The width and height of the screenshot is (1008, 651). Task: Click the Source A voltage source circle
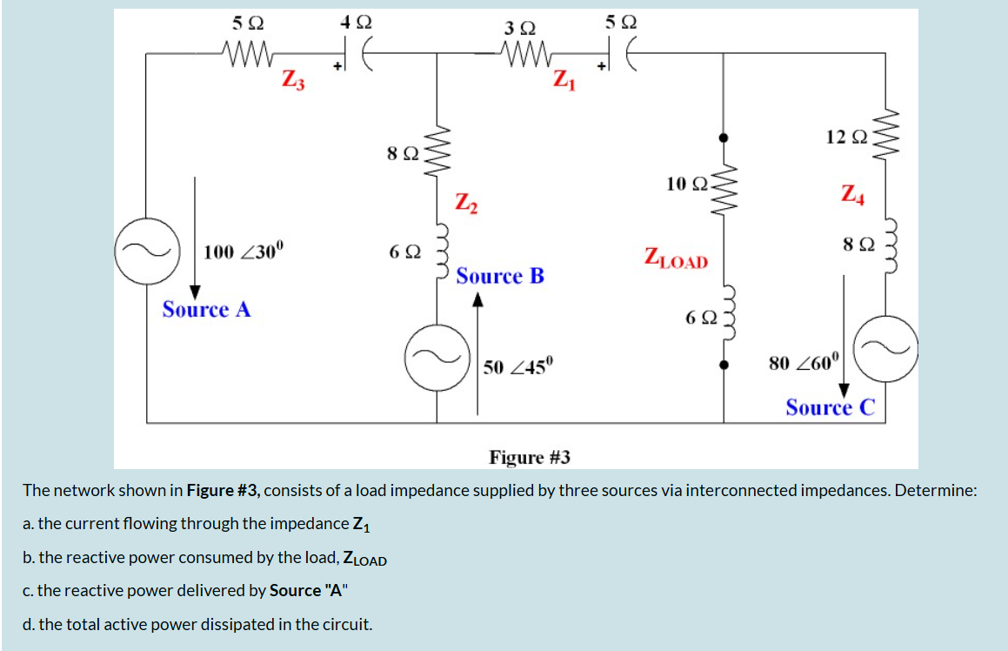tap(146, 252)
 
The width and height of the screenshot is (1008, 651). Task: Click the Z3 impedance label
tap(293, 80)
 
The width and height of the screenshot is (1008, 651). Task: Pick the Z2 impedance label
tap(466, 204)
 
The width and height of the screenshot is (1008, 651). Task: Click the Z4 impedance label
tap(852, 192)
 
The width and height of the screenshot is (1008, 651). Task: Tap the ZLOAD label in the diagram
tap(676, 258)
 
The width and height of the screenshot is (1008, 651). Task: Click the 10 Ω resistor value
tap(684, 183)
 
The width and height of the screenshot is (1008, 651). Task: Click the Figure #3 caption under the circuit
tap(530, 457)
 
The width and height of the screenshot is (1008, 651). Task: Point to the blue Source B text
tap(500, 277)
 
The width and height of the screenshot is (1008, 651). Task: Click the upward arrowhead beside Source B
tap(477, 300)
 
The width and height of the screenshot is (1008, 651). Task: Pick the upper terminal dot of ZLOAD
tap(723, 138)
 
